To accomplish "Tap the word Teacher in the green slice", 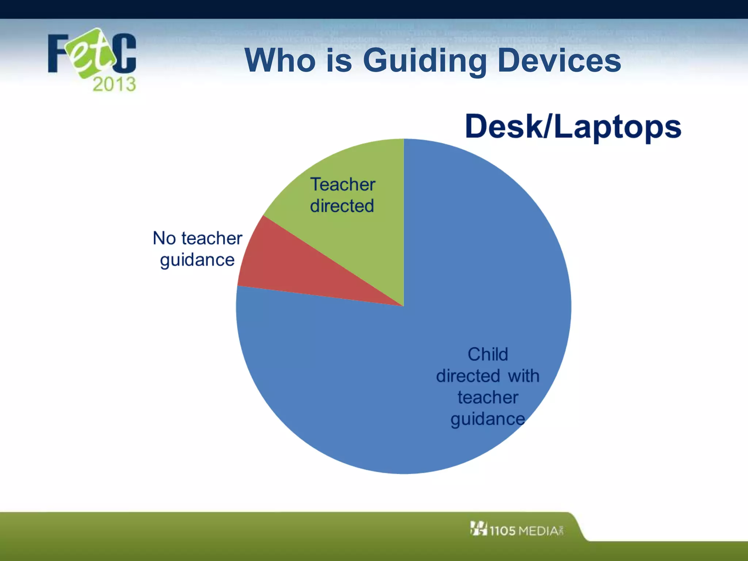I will [x=343, y=184].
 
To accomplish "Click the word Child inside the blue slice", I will [x=488, y=354].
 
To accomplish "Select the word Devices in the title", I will [x=559, y=60].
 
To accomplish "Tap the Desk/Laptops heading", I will [x=573, y=126].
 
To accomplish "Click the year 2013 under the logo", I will [x=114, y=84].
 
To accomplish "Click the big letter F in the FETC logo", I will [x=58, y=54].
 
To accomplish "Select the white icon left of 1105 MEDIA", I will [x=478, y=528].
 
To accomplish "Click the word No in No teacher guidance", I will [x=164, y=238].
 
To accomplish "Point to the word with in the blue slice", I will [x=523, y=376].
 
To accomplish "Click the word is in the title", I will [x=339, y=60].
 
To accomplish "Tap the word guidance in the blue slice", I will [x=488, y=419].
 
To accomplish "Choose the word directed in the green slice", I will [x=342, y=206].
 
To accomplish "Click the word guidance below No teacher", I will [x=197, y=260].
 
